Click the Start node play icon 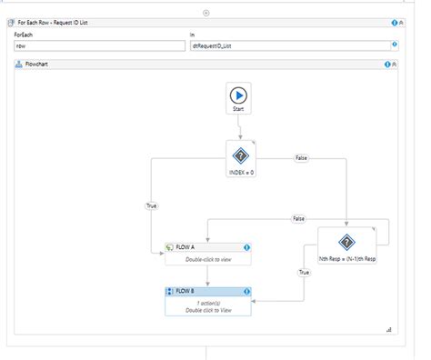pyautogui.click(x=238, y=94)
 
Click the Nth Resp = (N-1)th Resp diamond pyautogui.click(x=346, y=242)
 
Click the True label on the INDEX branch pyautogui.click(x=152, y=206)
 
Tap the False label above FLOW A pyautogui.click(x=297, y=219)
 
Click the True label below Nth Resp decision pyautogui.click(x=304, y=272)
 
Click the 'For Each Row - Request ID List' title pyautogui.click(x=62, y=22)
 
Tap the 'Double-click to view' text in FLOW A pyautogui.click(x=206, y=259)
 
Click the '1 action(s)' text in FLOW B pyautogui.click(x=207, y=303)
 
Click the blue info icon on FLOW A pyautogui.click(x=246, y=247)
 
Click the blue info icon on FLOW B pyautogui.click(x=246, y=292)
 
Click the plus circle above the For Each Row pyautogui.click(x=206, y=12)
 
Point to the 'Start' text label pyautogui.click(x=238, y=109)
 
